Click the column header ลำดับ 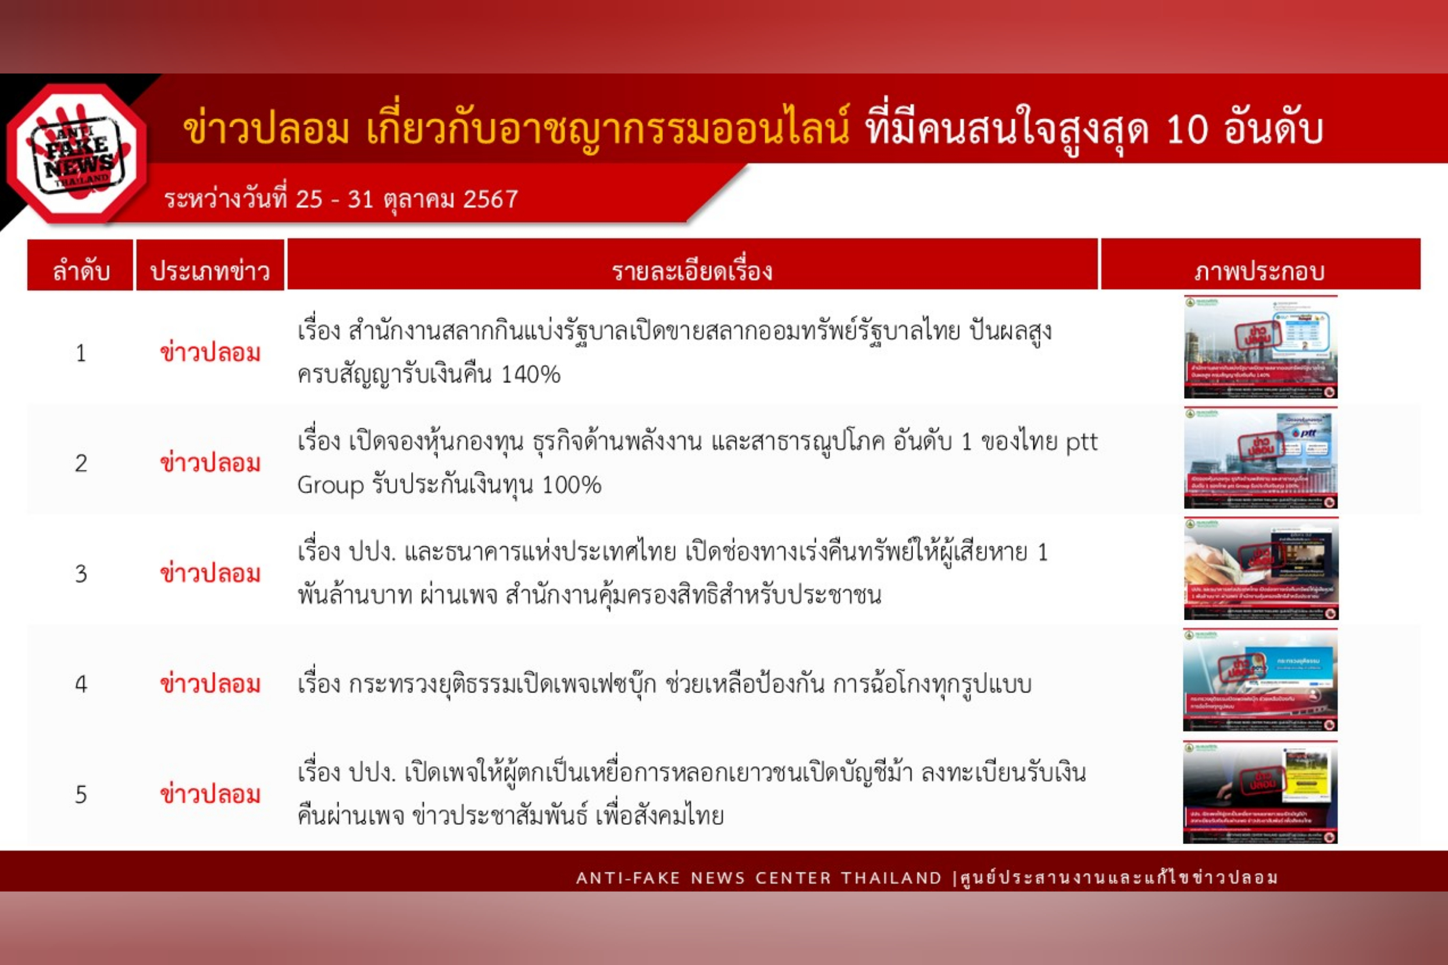pos(81,270)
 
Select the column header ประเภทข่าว pos(210,270)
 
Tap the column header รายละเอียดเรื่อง pos(692,270)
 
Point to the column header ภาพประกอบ pos(1260,270)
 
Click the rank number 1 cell pos(81,353)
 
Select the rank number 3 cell pos(81,574)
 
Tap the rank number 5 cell pos(81,795)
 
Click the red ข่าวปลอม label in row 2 pos(210,463)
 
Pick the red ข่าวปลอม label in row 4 pos(210,684)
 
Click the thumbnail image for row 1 pos(1260,347)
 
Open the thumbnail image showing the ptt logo pos(1260,458)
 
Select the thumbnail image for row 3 pos(1260,569)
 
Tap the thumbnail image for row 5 pos(1260,792)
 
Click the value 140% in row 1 pos(531,374)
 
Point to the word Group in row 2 pos(331,485)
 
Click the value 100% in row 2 pos(571,485)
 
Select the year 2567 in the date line pos(490,199)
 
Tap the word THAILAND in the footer pos(891,878)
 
